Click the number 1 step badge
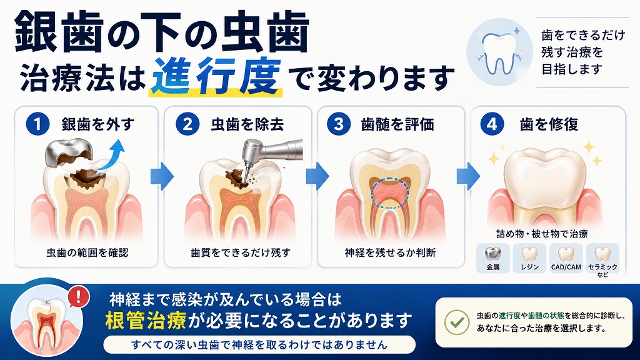37,124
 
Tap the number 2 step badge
187,124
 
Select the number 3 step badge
339,124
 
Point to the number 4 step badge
492,124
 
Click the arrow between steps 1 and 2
162,176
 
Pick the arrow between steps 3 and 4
468,176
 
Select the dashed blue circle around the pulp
390,192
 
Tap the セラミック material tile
603,259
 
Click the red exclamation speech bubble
78,296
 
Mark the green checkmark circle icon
457,322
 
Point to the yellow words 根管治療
146,321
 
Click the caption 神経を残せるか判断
390,252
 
